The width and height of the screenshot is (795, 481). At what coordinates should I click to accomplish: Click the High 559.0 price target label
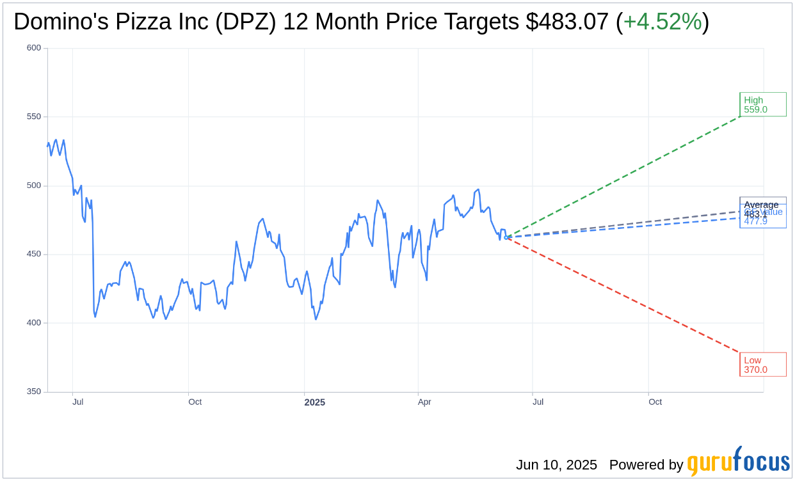click(762, 104)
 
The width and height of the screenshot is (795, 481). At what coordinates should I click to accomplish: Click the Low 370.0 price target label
click(762, 365)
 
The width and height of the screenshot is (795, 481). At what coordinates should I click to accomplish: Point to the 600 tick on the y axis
click(34, 48)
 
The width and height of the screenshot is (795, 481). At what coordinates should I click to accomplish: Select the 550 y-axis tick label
click(34, 116)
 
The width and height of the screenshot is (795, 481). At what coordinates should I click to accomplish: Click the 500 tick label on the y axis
click(34, 185)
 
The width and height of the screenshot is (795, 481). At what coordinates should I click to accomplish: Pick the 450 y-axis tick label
click(34, 254)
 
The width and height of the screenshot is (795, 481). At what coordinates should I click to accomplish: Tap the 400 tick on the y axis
click(34, 323)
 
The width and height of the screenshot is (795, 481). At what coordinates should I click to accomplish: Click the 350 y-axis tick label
click(34, 391)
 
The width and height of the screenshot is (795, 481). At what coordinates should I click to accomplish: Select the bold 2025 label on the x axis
click(314, 402)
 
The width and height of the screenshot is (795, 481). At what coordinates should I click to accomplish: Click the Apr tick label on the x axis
click(424, 402)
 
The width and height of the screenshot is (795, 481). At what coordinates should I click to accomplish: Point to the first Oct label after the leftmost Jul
click(195, 402)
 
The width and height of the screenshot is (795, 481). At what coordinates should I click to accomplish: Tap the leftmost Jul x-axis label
click(77, 402)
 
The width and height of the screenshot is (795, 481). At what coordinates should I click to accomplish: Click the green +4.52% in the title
click(662, 22)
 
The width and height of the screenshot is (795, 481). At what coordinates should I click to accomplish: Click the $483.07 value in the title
click(567, 22)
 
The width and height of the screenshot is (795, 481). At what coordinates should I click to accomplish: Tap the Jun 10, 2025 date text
click(556, 465)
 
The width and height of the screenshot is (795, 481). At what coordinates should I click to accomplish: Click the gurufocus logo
click(738, 462)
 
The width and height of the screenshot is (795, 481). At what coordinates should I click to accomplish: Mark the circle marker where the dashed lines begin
click(506, 237)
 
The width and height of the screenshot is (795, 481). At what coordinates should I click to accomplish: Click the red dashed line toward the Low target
click(624, 296)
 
